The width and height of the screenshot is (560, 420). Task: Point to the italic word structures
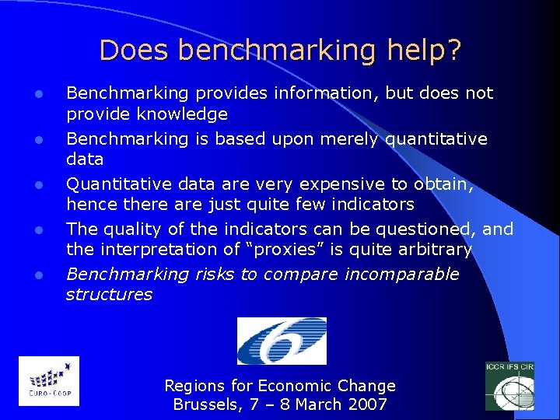click(109, 295)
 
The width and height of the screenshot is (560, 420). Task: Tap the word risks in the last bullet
click(218, 274)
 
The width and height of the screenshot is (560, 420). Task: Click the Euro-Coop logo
click(48, 380)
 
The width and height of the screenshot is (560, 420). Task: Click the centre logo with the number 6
click(282, 340)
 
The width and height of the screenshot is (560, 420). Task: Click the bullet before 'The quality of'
click(37, 230)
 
